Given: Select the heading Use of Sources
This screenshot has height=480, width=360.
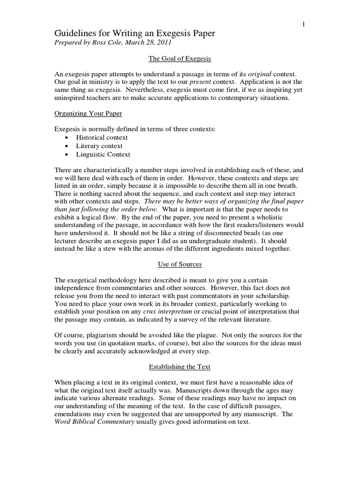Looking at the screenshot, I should click(180, 265).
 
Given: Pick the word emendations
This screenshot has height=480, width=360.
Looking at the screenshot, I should click(74, 413).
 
